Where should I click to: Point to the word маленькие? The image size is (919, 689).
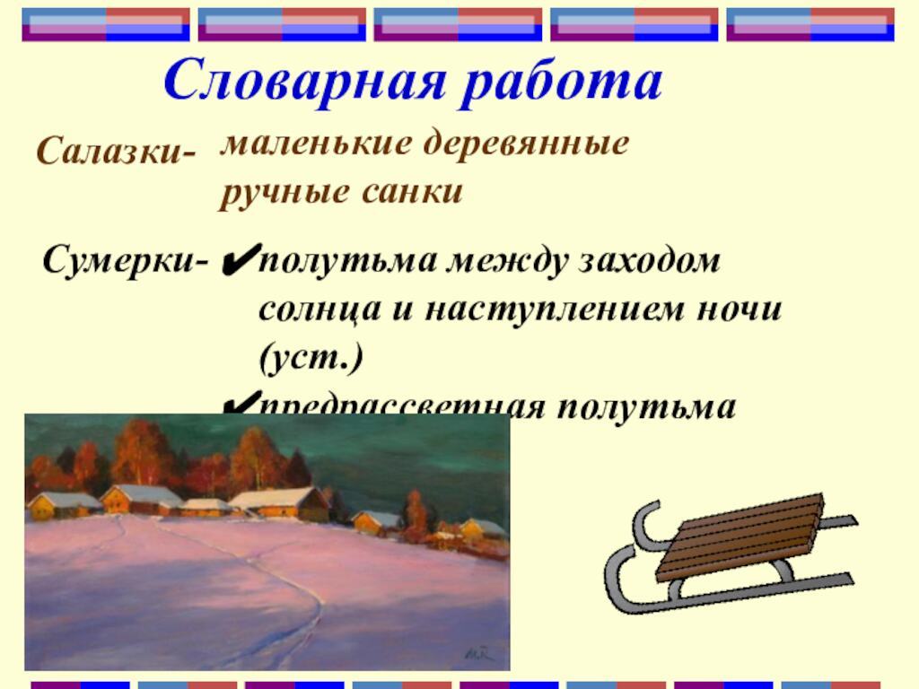[307, 144]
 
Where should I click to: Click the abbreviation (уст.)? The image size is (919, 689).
[311, 359]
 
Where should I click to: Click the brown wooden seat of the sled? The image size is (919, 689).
[738, 536]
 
